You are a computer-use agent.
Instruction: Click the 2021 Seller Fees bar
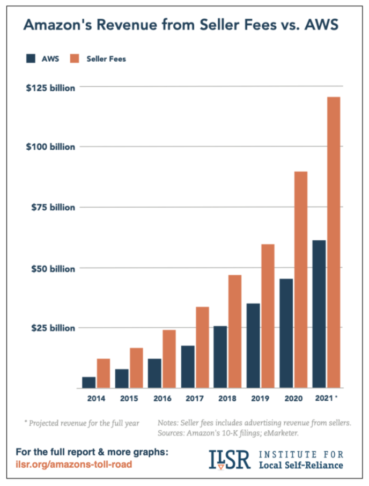click(333, 241)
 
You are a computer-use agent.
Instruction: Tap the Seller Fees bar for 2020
click(300, 279)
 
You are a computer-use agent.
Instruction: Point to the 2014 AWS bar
click(89, 382)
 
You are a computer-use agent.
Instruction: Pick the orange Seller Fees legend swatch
click(75, 58)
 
